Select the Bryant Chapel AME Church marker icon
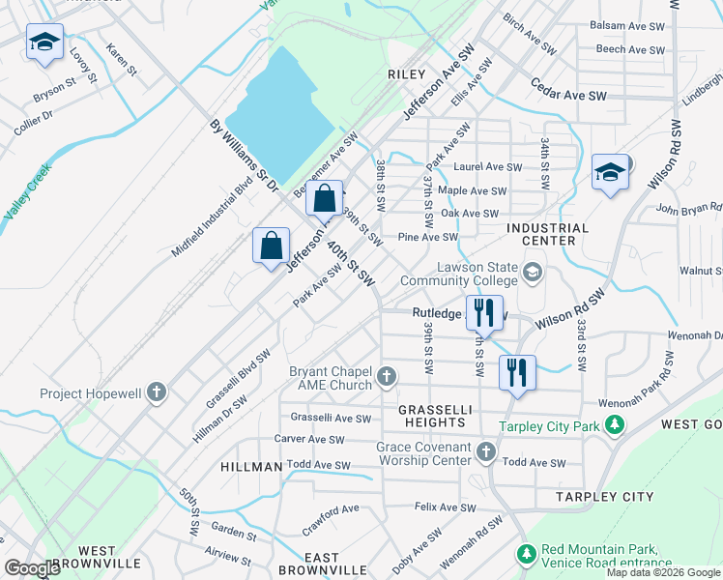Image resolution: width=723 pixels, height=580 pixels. click(x=387, y=376)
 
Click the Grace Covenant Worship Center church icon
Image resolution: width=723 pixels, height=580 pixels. click(x=485, y=451)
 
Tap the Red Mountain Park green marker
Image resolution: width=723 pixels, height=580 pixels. click(x=526, y=554)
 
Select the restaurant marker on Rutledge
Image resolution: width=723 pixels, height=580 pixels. click(x=484, y=311)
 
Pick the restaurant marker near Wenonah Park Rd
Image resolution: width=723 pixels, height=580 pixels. click(x=517, y=371)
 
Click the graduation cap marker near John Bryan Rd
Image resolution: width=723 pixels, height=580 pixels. click(x=610, y=172)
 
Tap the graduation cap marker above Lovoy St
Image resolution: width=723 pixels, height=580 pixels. click(x=44, y=42)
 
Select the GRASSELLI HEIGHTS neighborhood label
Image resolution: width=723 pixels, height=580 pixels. click(x=435, y=416)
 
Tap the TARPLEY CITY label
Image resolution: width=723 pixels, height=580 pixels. click(x=605, y=496)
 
